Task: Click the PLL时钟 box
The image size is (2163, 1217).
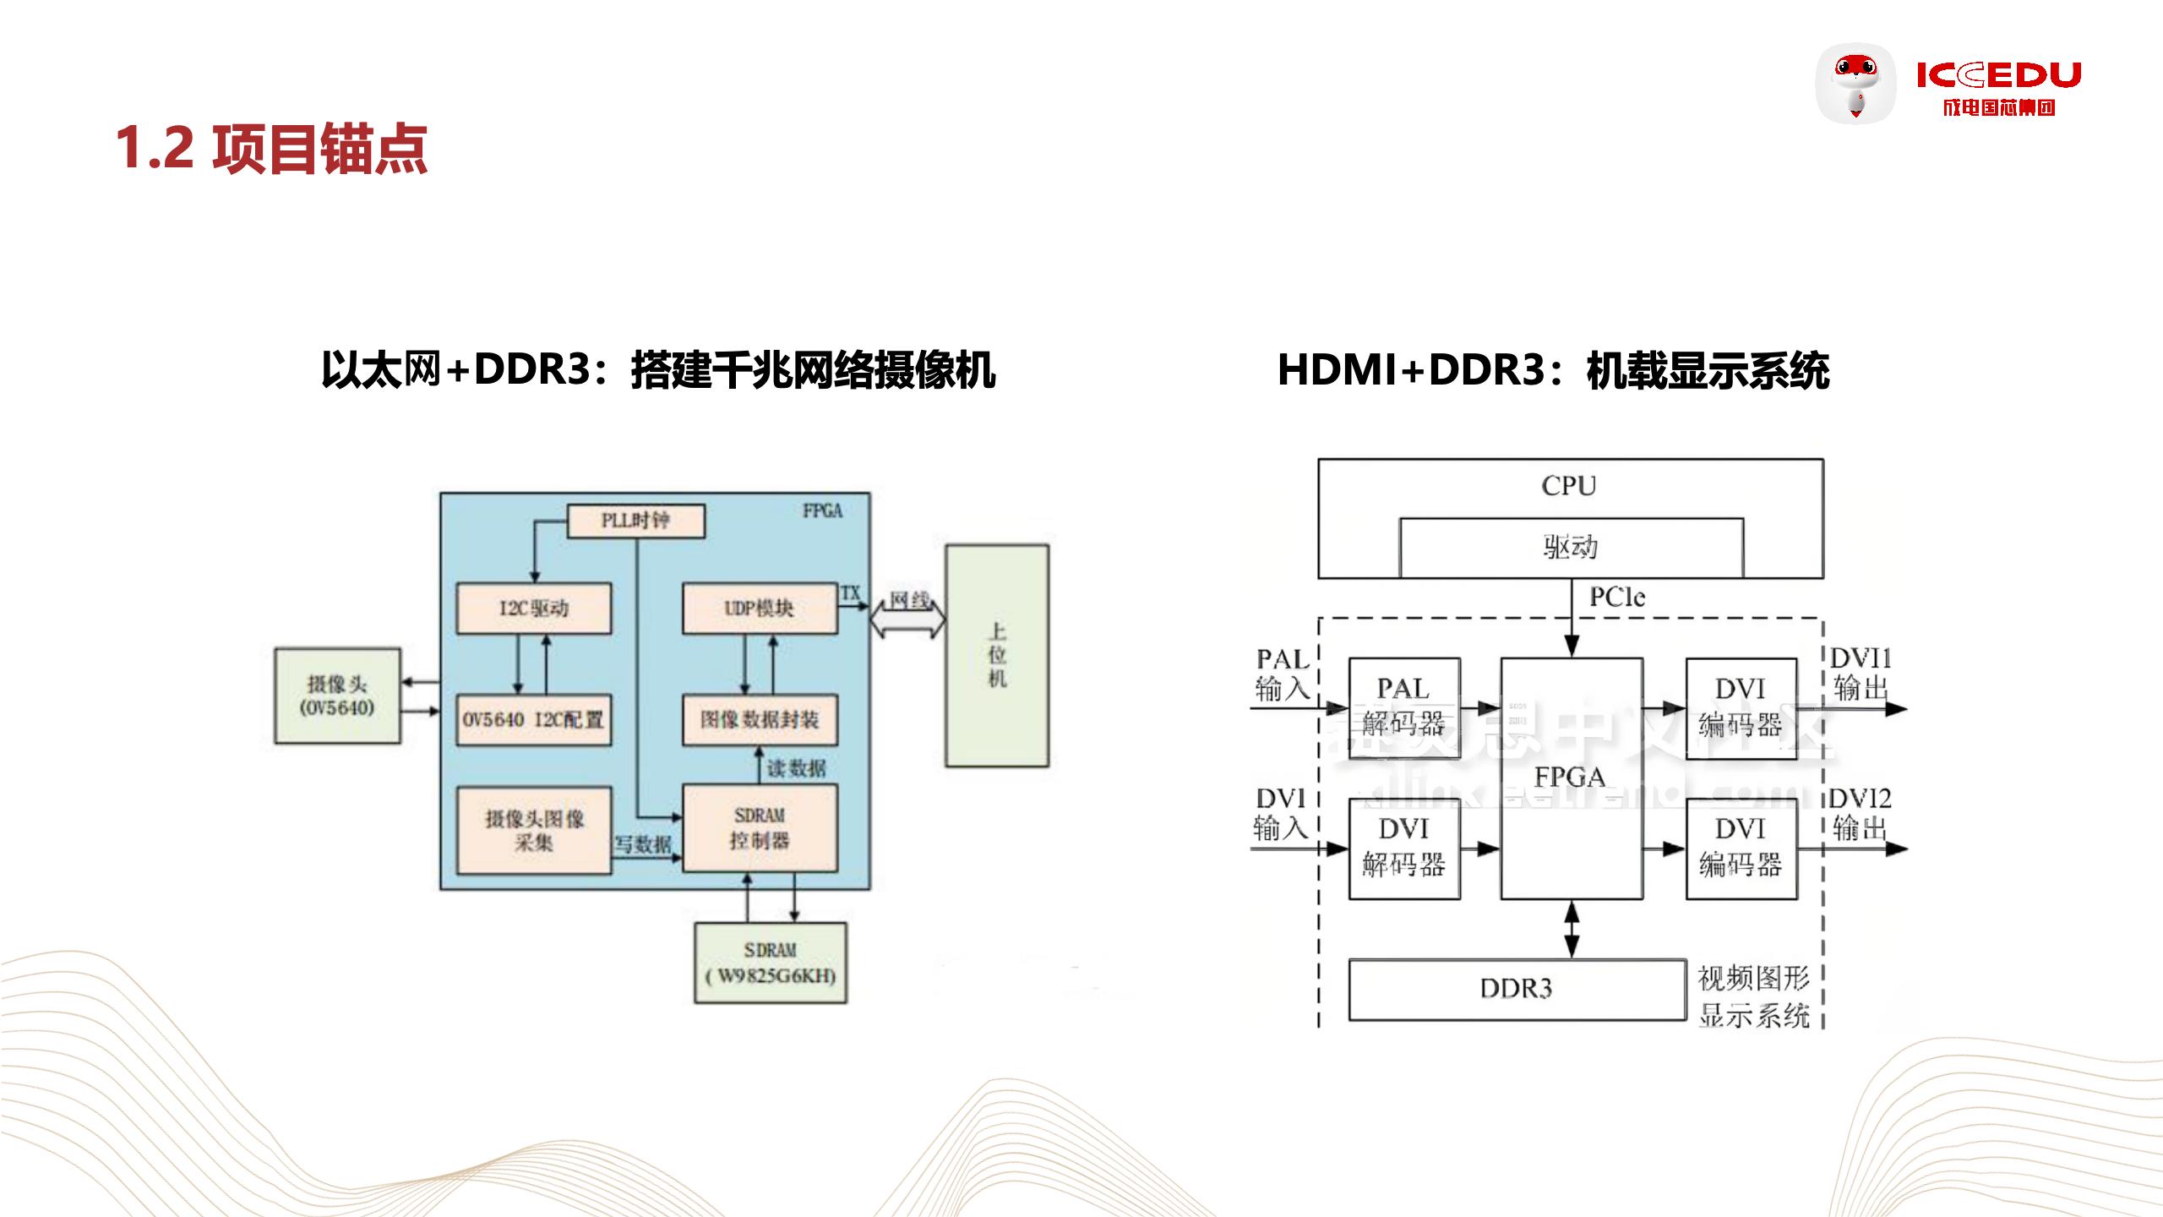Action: coord(635,521)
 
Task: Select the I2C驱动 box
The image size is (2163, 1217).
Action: coord(533,608)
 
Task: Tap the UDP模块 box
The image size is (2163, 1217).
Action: coord(760,608)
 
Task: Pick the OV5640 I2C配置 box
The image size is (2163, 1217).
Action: coord(533,720)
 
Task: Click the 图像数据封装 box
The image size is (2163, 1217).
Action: coord(760,720)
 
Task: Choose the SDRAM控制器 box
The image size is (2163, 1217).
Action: coord(760,828)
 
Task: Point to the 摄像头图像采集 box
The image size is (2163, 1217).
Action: coord(533,830)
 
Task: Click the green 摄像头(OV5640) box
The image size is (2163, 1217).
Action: coord(337,696)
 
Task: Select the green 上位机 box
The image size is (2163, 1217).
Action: coord(997,655)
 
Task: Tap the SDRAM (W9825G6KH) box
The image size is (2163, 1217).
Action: coord(770,963)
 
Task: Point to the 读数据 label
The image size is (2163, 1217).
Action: coord(796,768)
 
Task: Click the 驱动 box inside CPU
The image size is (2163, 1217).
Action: coord(1571,548)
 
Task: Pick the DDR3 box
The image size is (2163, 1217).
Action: coord(1517,989)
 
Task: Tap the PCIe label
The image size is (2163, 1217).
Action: coord(1617,598)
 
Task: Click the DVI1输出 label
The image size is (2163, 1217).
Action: coord(1861,674)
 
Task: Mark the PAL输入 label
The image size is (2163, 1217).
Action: coord(1282,674)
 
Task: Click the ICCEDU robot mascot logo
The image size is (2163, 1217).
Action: coord(1855,84)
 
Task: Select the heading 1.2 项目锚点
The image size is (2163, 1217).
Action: coord(271,149)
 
